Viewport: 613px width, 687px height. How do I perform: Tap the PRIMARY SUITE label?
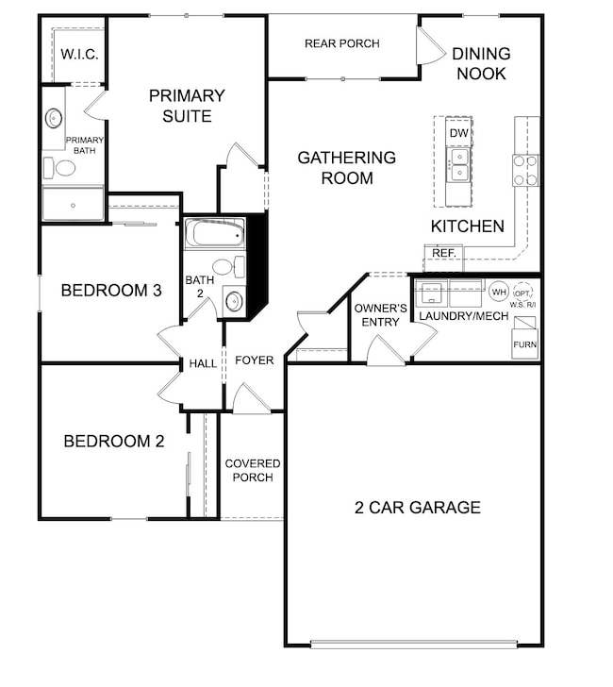coord(187,106)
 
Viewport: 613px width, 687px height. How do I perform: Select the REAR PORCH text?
coord(342,43)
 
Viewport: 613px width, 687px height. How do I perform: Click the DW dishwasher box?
coord(458,134)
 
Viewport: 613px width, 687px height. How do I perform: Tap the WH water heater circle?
coord(498,291)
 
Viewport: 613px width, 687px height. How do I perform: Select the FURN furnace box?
coord(524,344)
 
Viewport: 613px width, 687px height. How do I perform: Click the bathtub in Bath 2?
coord(214,234)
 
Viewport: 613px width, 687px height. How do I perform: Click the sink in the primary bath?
coord(55,119)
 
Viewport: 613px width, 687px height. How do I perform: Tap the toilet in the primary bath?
coord(62,168)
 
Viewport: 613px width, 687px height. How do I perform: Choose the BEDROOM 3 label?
coord(111,290)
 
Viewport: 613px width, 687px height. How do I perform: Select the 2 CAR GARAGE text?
coord(417,507)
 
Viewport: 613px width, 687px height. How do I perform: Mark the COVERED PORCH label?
coord(253,470)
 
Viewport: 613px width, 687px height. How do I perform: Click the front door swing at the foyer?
coord(249,398)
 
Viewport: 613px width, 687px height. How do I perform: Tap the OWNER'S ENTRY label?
coord(380,315)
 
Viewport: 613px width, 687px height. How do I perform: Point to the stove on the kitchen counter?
coord(525,170)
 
